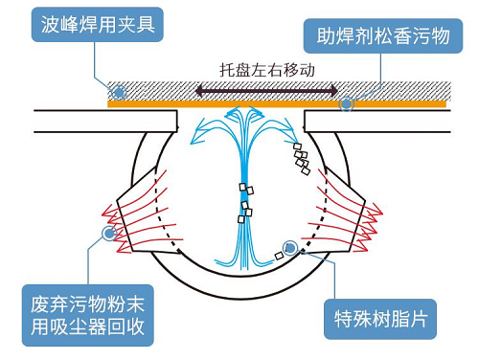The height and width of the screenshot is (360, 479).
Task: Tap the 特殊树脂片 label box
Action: click(377, 316)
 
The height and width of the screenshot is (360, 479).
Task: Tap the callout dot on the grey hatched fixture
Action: click(118, 91)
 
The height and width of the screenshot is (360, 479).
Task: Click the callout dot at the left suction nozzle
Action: click(109, 232)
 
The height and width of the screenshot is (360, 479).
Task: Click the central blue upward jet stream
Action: click(242, 191)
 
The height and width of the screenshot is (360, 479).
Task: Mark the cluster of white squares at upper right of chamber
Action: click(301, 158)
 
